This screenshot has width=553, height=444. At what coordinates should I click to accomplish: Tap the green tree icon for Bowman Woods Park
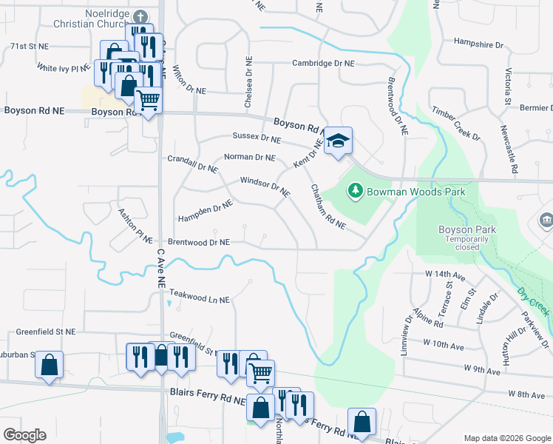coord(356,192)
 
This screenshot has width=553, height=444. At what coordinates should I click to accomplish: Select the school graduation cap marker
coord(338,141)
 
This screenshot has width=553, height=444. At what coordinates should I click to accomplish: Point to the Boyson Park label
coord(467,229)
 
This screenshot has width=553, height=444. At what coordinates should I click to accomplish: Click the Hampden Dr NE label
coord(205,213)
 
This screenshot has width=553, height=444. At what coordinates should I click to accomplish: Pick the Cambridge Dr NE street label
coord(323,64)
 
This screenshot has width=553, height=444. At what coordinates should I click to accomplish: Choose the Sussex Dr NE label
coord(257,138)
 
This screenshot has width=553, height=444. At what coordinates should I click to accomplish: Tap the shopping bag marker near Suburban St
coord(49,365)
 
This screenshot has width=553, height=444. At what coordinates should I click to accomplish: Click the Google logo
coord(24,435)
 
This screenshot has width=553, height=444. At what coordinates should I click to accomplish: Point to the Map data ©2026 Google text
coord(506,438)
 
